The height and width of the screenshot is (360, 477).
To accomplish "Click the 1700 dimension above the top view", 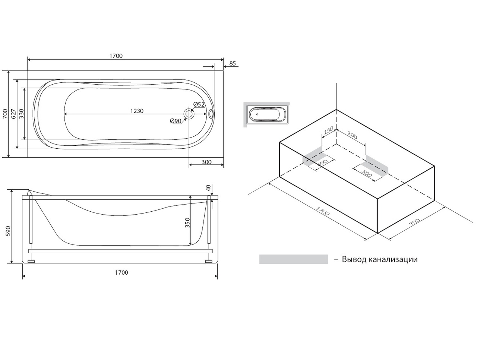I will (x=116, y=56).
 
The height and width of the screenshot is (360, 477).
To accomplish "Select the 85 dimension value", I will (x=232, y=63).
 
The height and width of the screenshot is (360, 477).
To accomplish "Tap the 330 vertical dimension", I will (x=21, y=114).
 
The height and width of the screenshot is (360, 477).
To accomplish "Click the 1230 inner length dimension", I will (x=137, y=111).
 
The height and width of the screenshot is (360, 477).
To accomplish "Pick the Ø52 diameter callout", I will (x=199, y=104).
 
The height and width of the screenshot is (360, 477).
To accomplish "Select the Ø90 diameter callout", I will (x=175, y=121).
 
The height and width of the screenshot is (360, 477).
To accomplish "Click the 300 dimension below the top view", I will (x=206, y=162).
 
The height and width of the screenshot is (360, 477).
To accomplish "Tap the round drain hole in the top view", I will (x=189, y=113).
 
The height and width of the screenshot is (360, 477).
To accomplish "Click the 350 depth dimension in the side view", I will (x=187, y=222).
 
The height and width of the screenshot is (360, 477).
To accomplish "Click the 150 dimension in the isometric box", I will (x=328, y=131).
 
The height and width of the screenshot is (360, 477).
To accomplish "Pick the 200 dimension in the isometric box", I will (x=352, y=135).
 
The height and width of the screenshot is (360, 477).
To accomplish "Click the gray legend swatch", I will (x=293, y=259).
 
